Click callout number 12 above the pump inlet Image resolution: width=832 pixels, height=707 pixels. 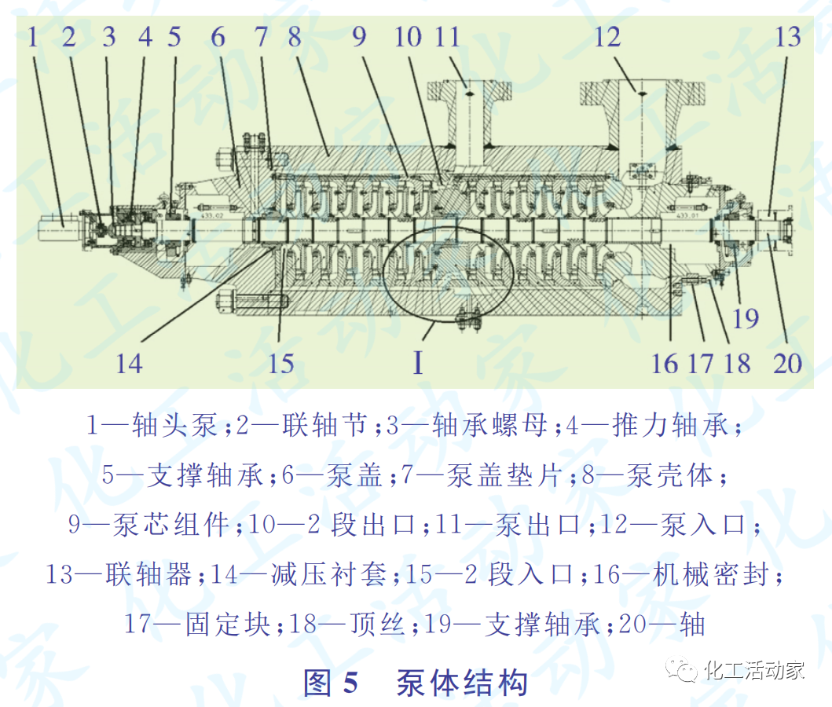(x=607, y=37)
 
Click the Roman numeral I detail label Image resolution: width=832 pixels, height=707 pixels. (x=418, y=363)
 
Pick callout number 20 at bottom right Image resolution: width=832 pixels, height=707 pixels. (x=786, y=363)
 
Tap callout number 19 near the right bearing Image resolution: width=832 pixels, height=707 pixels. (x=745, y=318)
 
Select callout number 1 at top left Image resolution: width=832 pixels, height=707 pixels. (x=33, y=37)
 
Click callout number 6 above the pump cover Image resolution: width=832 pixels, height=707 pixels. (x=218, y=37)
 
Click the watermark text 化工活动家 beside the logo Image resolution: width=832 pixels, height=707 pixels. (x=755, y=670)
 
